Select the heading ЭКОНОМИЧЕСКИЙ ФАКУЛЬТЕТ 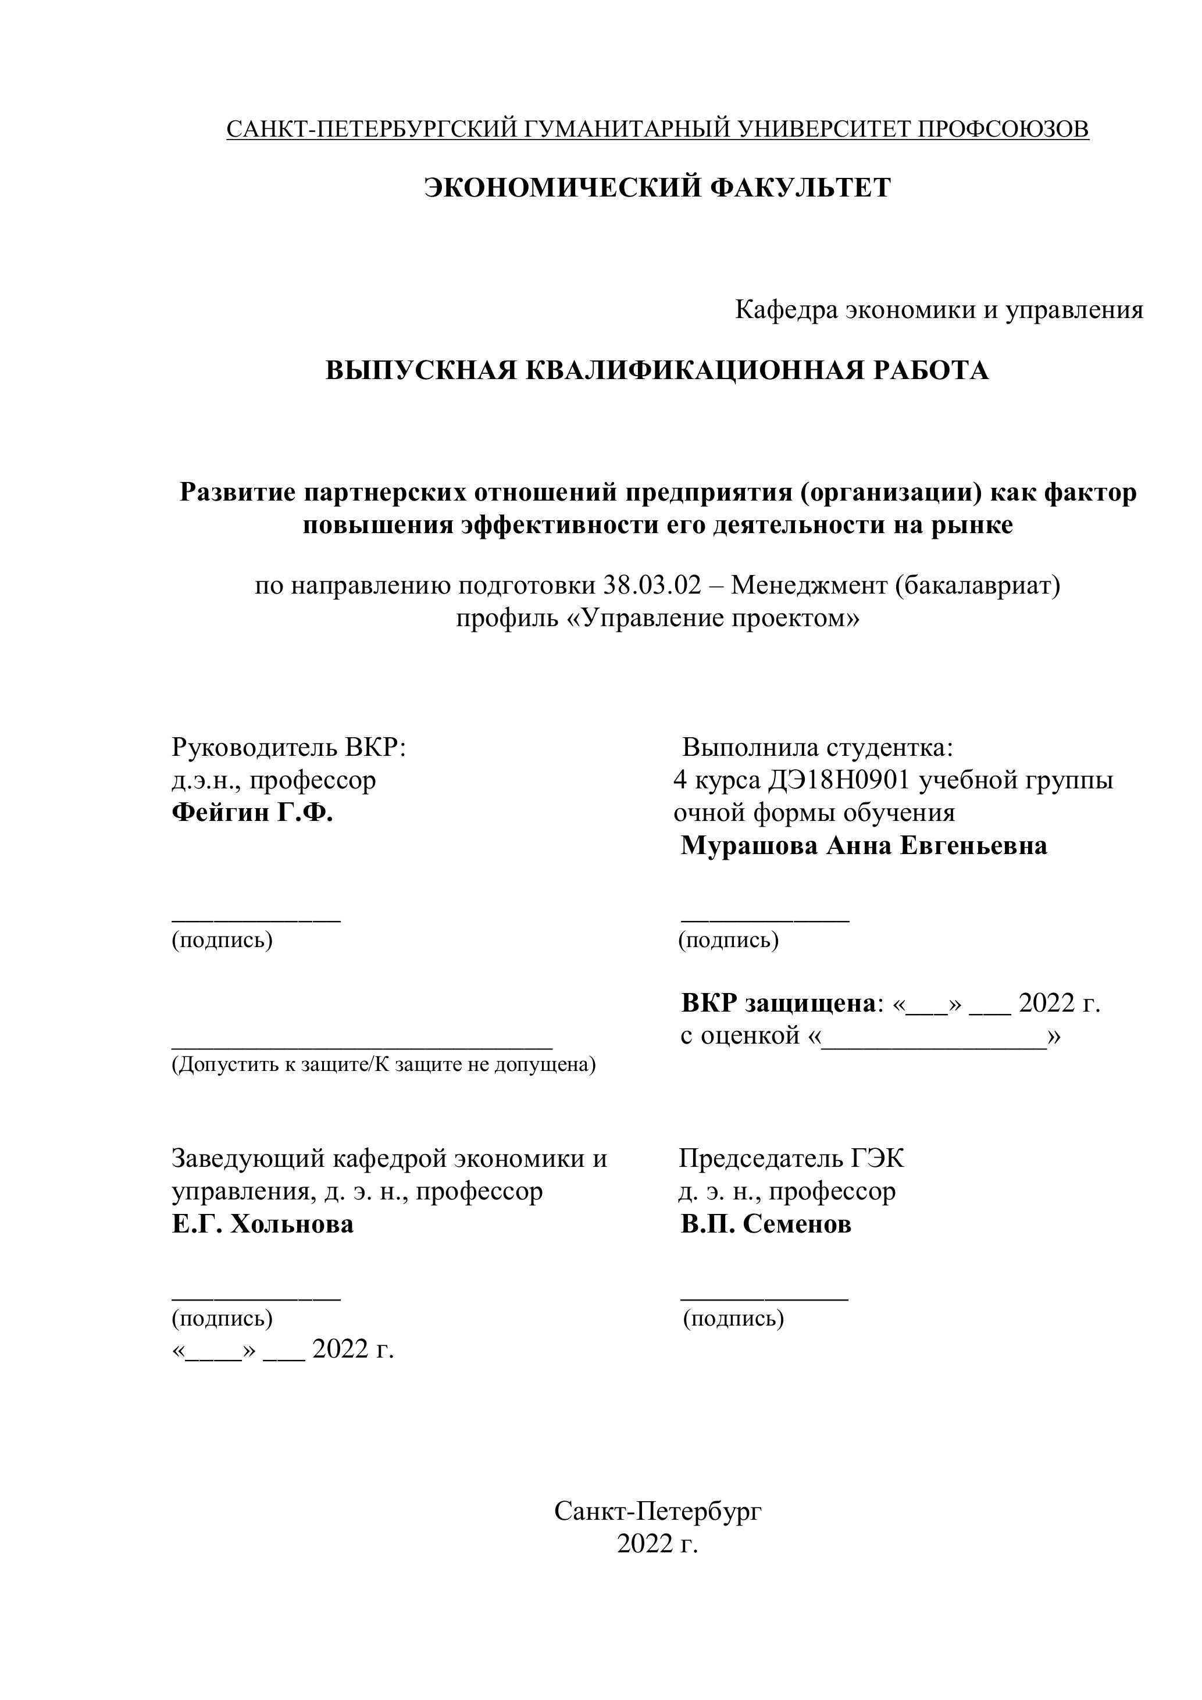pos(657,188)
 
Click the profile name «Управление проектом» pos(658,618)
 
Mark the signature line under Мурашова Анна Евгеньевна pos(765,920)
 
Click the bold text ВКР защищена pos(777,1004)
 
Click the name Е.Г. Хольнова pos(262,1224)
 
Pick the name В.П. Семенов pos(766,1224)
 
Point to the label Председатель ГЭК pos(791,1159)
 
